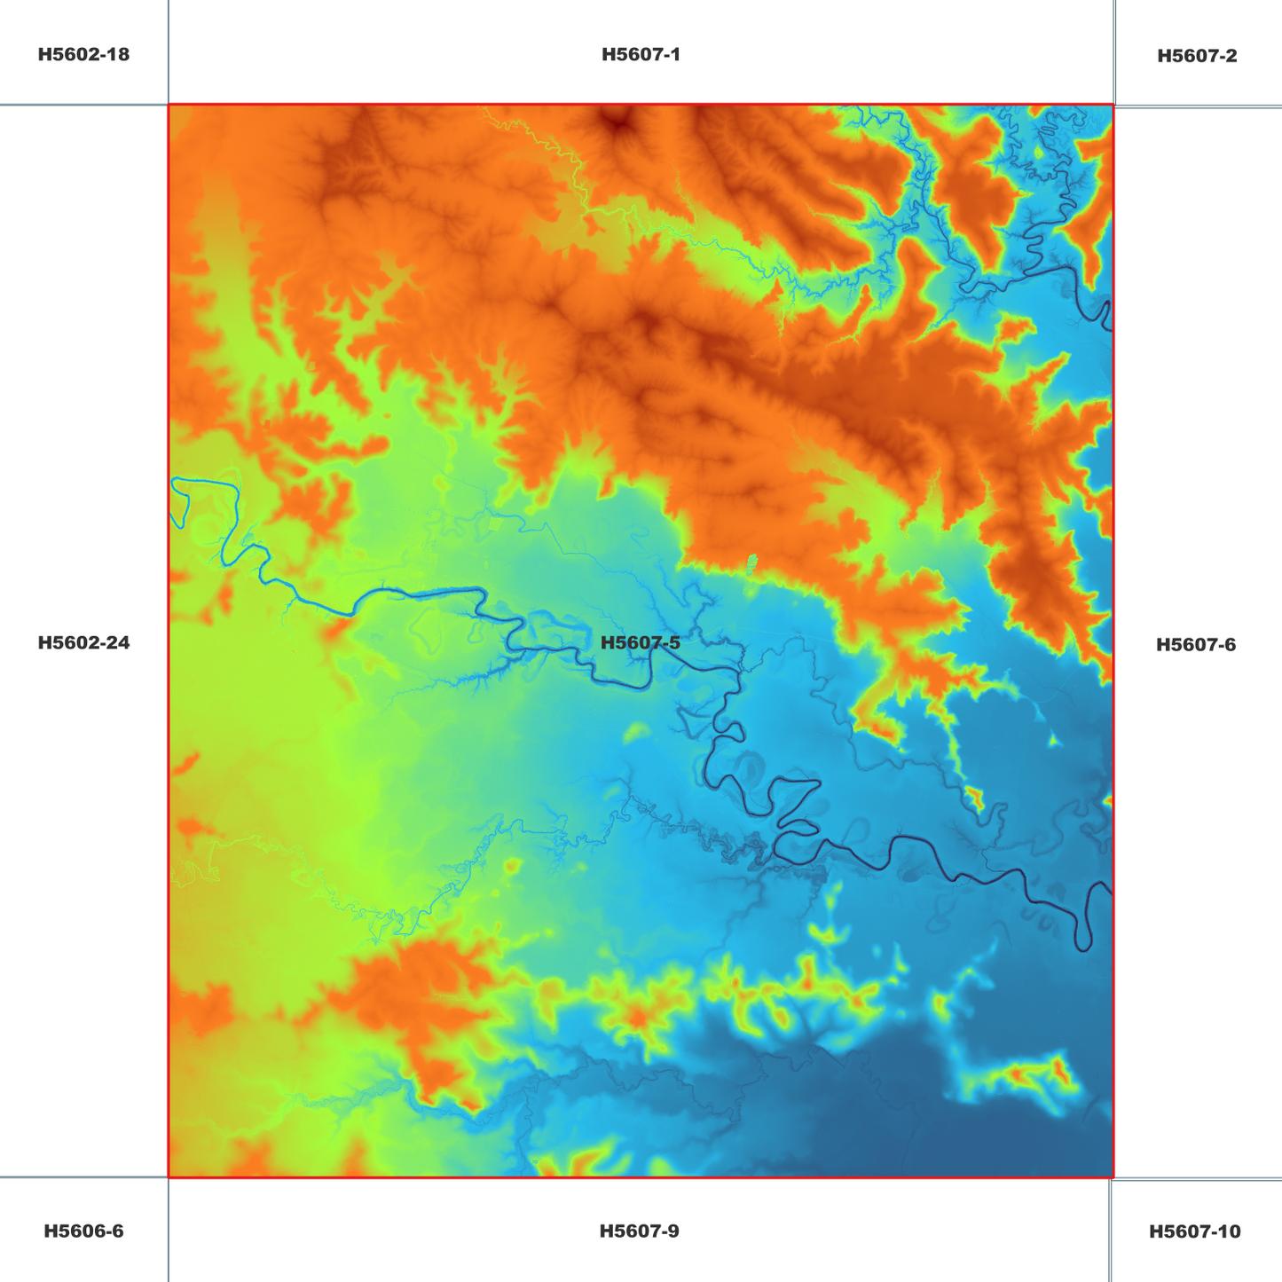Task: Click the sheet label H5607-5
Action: click(x=641, y=642)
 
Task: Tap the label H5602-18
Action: click(x=83, y=54)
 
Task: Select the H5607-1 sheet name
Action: click(x=641, y=54)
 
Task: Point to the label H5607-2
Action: click(x=1197, y=56)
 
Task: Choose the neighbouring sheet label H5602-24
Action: click(x=83, y=642)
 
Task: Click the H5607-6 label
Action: click(x=1195, y=644)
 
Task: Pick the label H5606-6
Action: click(x=83, y=1231)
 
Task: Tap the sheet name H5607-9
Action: click(x=639, y=1231)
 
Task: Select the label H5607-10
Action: click(x=1194, y=1231)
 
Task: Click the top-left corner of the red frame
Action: click(x=169, y=105)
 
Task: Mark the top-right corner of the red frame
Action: click(x=1113, y=105)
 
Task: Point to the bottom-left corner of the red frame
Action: click(x=169, y=1177)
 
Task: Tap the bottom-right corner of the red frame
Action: click(x=1113, y=1177)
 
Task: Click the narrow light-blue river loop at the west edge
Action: click(x=182, y=501)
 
